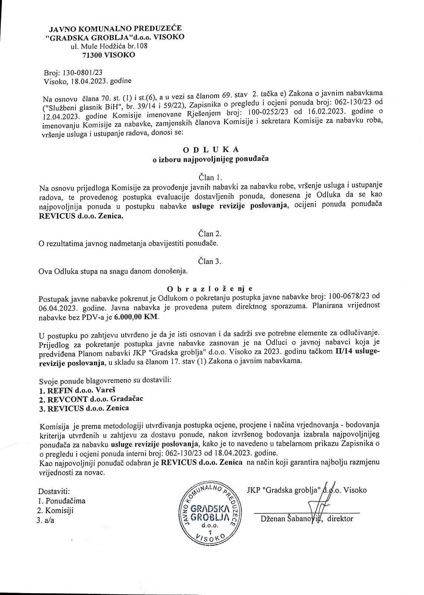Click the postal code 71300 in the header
pyautogui.click(x=93, y=55)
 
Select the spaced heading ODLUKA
pyautogui.click(x=211, y=150)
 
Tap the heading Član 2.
pyautogui.click(x=210, y=234)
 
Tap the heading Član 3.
pyautogui.click(x=210, y=261)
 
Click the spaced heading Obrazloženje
pyautogui.click(x=210, y=288)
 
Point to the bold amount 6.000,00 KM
pyautogui.click(x=136, y=317)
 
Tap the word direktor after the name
pyautogui.click(x=340, y=519)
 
